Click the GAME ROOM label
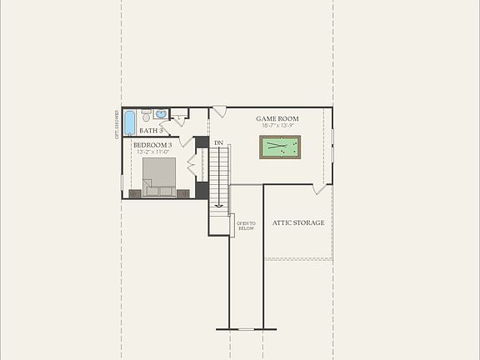click(277, 119)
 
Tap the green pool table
click(279, 147)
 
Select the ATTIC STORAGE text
click(298, 223)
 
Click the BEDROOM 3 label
click(152, 145)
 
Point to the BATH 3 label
click(151, 131)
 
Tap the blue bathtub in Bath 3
click(130, 122)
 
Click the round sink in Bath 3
click(161, 114)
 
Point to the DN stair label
click(218, 143)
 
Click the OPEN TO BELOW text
click(245, 225)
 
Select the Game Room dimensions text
click(277, 127)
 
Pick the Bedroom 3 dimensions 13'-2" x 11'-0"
click(152, 152)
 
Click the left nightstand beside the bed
click(135, 193)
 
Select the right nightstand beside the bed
click(182, 193)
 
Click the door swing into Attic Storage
click(321, 188)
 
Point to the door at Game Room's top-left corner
click(218, 112)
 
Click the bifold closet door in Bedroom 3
click(191, 166)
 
